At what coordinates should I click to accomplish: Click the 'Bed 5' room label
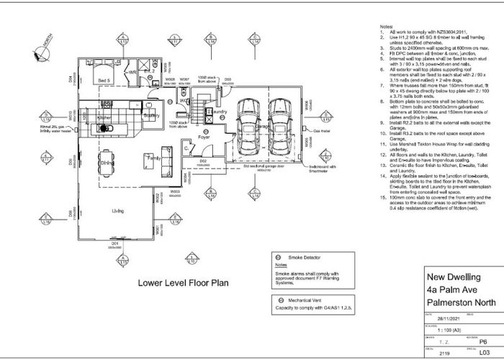[x=104, y=81]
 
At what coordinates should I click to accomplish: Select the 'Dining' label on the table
[x=108, y=163]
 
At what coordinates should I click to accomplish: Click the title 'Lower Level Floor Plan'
[x=183, y=283]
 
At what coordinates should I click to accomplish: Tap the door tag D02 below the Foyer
[x=203, y=161]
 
